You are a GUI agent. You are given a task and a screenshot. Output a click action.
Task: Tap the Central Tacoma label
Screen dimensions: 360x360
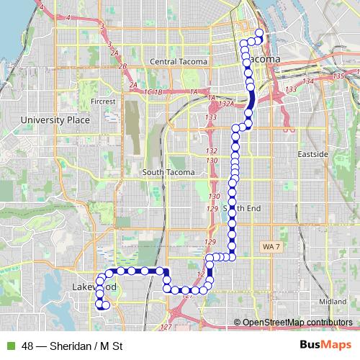tap(178, 62)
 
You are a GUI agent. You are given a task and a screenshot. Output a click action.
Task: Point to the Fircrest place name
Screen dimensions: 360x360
tap(104, 102)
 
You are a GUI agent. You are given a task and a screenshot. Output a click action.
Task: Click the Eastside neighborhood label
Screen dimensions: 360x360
tap(312, 155)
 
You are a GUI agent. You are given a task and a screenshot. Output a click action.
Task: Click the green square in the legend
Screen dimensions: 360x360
tap(9, 346)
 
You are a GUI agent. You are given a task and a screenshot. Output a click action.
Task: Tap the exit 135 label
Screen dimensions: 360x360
tap(340, 76)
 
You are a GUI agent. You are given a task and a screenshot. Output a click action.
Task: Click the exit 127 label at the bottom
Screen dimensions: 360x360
tap(166, 328)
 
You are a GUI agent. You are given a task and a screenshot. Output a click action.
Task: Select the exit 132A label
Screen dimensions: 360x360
tap(227, 104)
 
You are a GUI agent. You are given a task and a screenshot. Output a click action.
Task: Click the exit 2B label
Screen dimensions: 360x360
tap(123, 67)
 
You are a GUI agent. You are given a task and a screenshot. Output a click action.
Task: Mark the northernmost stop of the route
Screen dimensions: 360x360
tap(258, 32)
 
